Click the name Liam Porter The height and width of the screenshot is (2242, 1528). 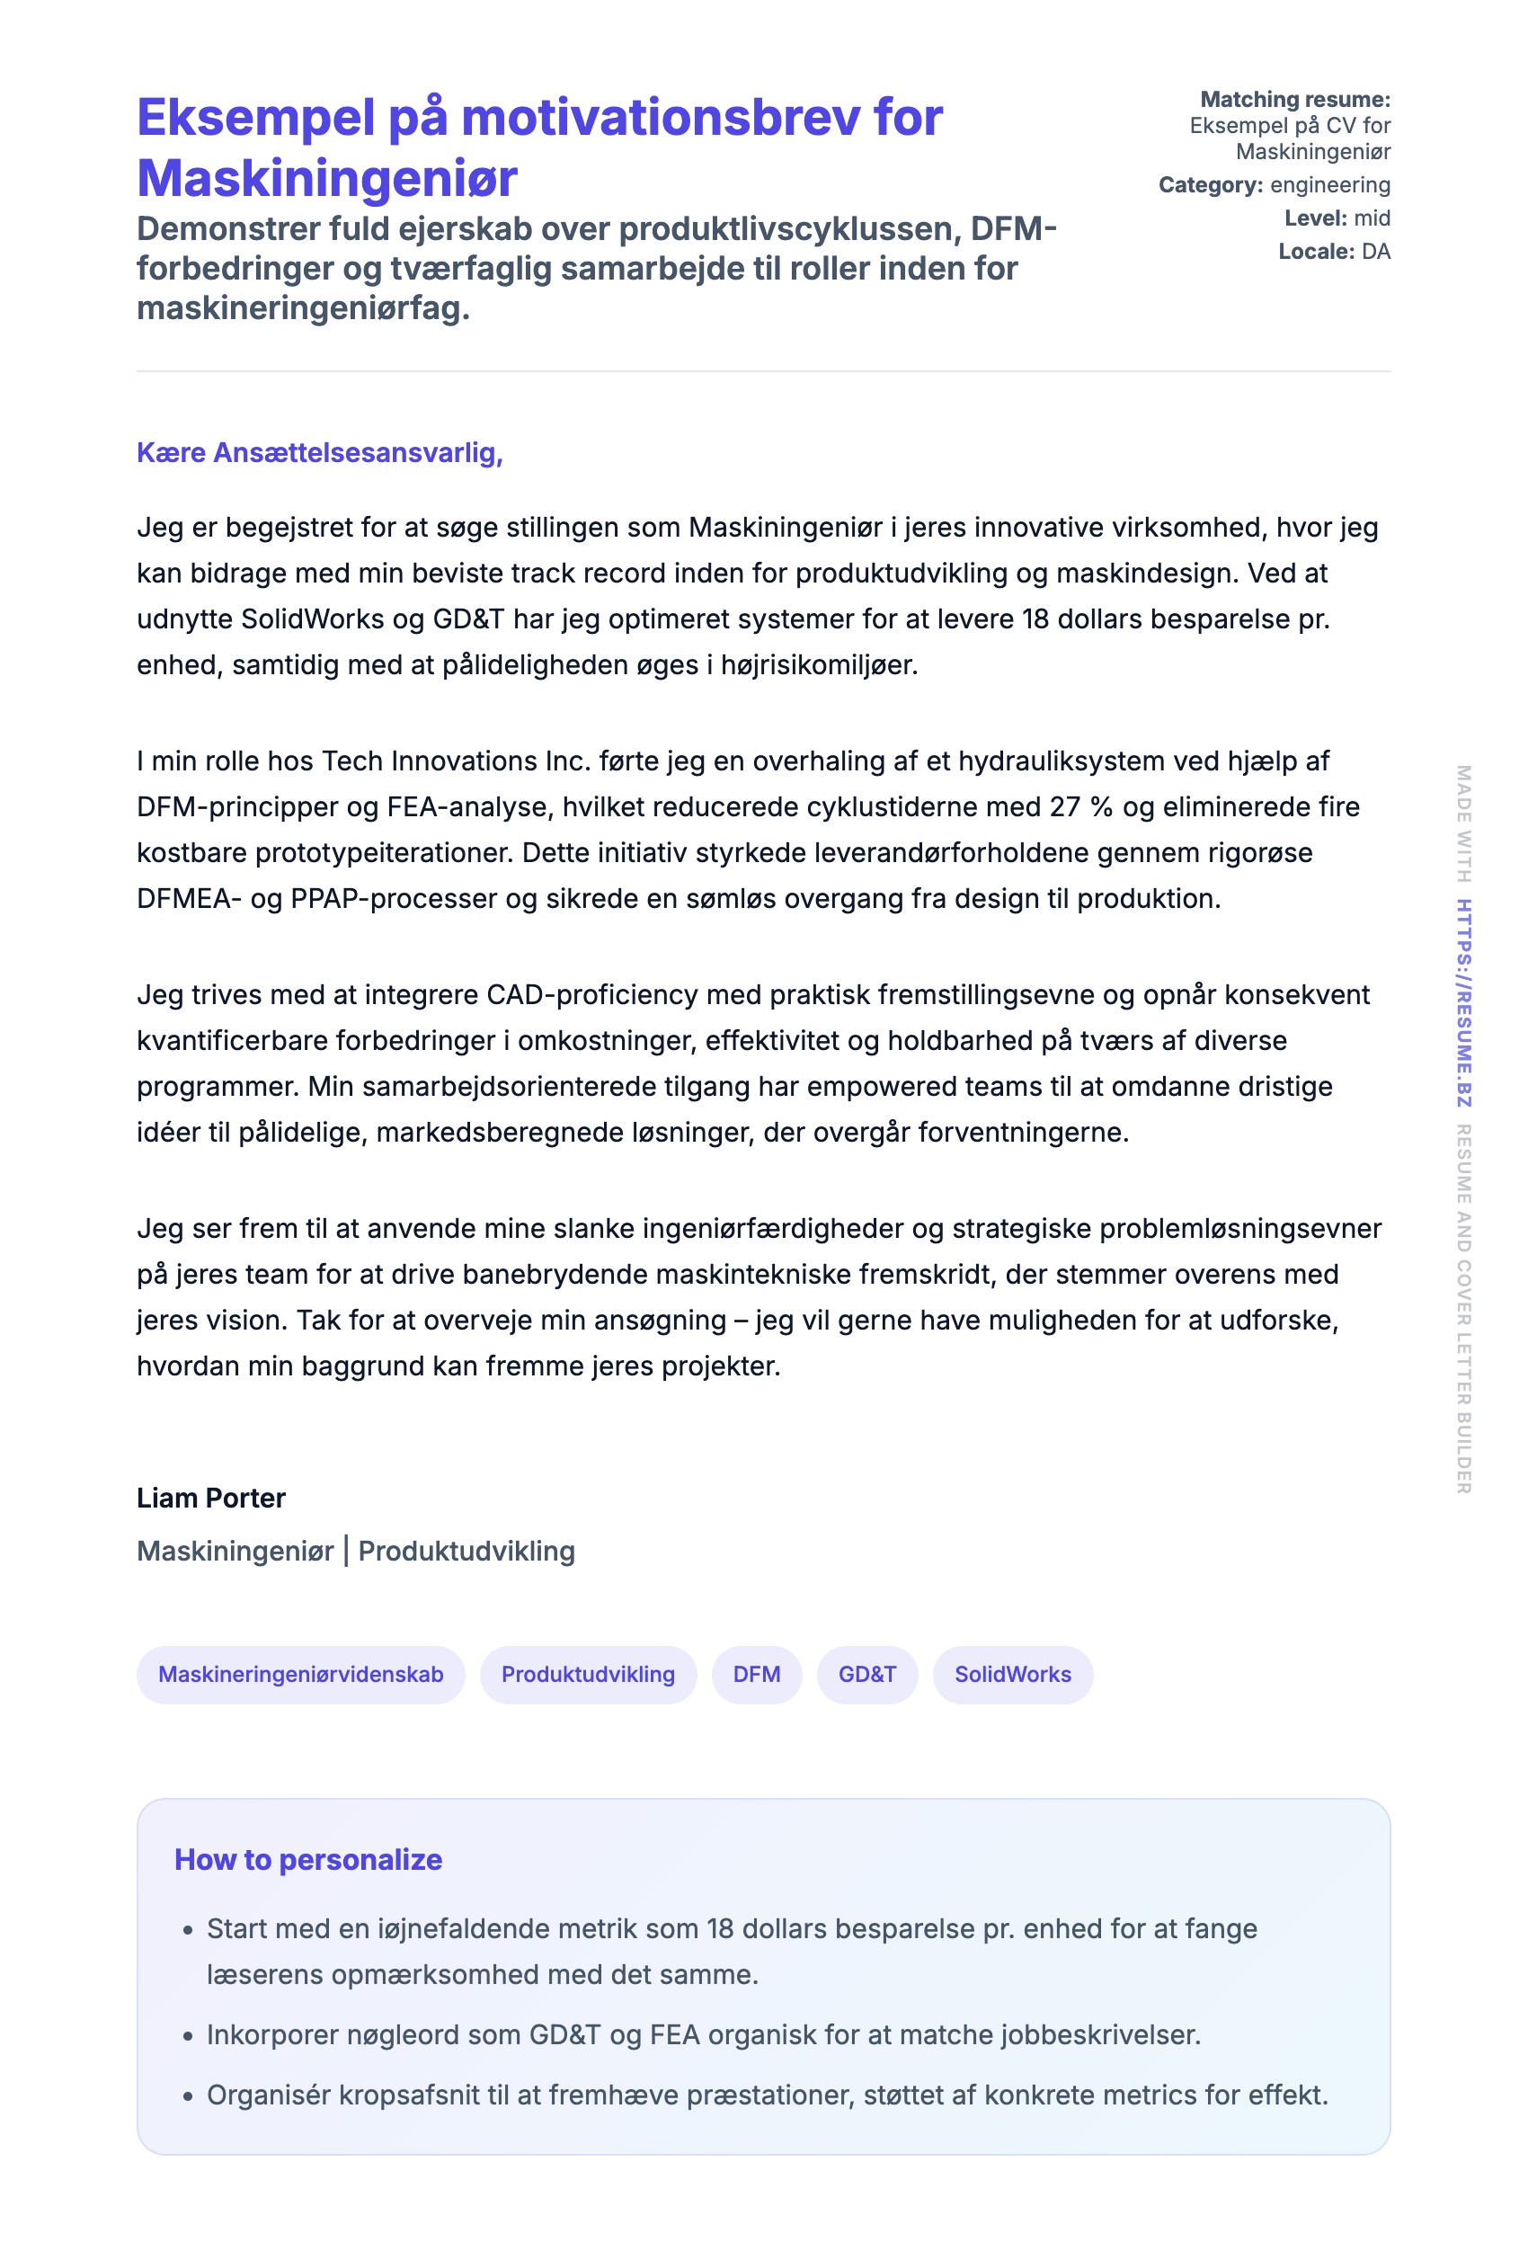point(210,1499)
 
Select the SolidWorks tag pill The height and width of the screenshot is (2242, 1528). point(1012,1675)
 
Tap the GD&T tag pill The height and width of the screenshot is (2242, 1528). point(866,1675)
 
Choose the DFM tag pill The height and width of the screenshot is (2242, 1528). point(756,1675)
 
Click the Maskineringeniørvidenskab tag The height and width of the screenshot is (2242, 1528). point(300,1675)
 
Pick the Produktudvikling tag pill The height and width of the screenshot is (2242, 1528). point(588,1675)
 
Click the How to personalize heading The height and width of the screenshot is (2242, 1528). point(307,1860)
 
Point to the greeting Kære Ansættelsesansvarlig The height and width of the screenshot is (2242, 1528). point(319,452)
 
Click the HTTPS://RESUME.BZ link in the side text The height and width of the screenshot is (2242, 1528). point(1463,1002)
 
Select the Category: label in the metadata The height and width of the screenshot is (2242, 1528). point(1212,185)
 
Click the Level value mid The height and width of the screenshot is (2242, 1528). point(1372,219)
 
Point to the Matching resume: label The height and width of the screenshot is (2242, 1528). point(1294,100)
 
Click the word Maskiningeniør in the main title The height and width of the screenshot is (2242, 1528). point(327,179)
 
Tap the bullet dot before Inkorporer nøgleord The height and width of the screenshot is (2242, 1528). point(188,2036)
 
